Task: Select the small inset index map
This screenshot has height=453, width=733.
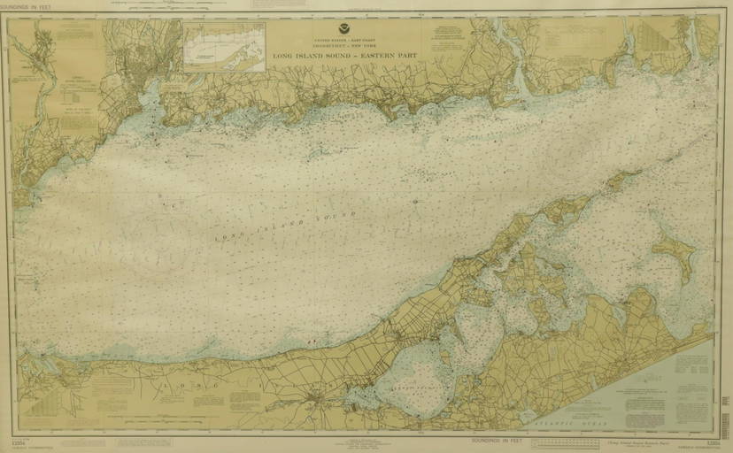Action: [225, 47]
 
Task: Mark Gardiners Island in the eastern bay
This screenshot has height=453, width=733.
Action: [674, 251]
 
